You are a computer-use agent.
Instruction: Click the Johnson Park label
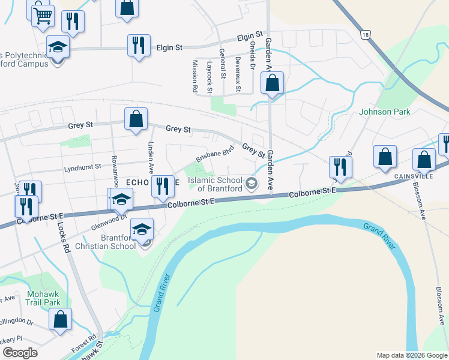click(384, 112)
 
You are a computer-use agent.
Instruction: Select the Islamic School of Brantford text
click(215, 184)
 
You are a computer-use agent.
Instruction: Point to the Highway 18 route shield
click(366, 35)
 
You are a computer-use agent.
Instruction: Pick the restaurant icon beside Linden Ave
click(161, 186)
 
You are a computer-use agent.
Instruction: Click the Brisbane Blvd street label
click(214, 155)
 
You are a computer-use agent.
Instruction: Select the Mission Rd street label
click(195, 76)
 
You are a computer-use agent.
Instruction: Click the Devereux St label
click(238, 74)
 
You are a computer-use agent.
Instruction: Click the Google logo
click(20, 353)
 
